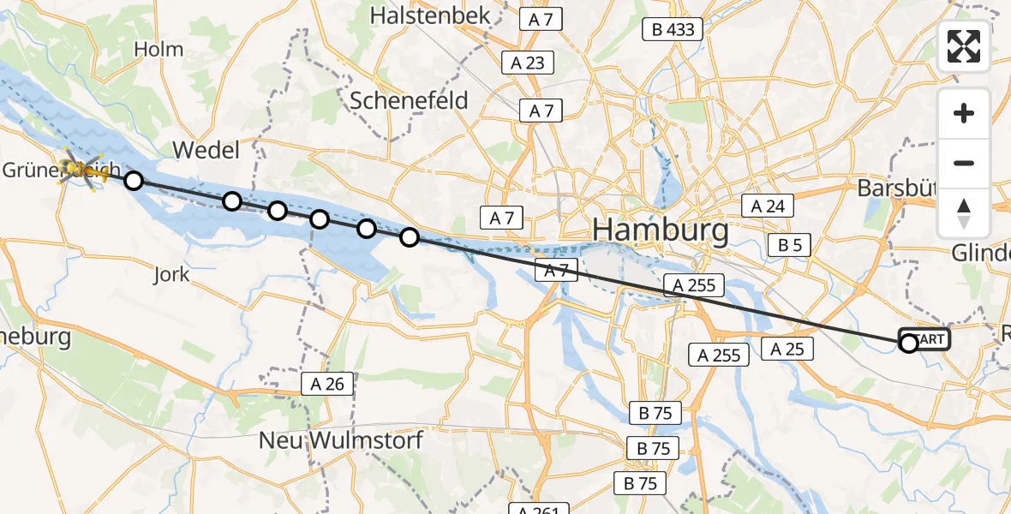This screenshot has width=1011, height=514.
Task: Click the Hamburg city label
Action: (x=661, y=230)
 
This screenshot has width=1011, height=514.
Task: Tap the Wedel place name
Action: (x=206, y=151)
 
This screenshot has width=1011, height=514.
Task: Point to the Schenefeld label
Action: (x=410, y=100)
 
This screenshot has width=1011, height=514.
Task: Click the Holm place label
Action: (x=159, y=50)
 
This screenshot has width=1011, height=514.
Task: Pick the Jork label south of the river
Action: (x=171, y=275)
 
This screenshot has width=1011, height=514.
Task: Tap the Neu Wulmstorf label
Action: (x=342, y=440)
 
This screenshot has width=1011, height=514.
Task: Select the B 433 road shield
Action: (x=673, y=30)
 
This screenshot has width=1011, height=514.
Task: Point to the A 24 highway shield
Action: (x=767, y=206)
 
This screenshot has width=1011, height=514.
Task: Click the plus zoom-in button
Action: (x=964, y=113)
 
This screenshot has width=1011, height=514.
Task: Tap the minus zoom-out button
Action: (x=964, y=163)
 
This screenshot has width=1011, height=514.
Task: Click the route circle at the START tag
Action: (x=908, y=344)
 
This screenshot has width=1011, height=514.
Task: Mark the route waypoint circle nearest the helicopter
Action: (x=133, y=180)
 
